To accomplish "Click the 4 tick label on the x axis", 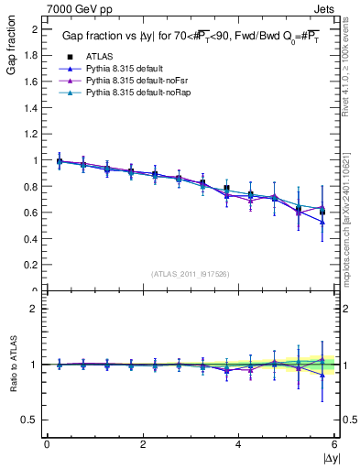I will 239,443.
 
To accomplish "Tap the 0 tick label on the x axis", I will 47,443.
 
